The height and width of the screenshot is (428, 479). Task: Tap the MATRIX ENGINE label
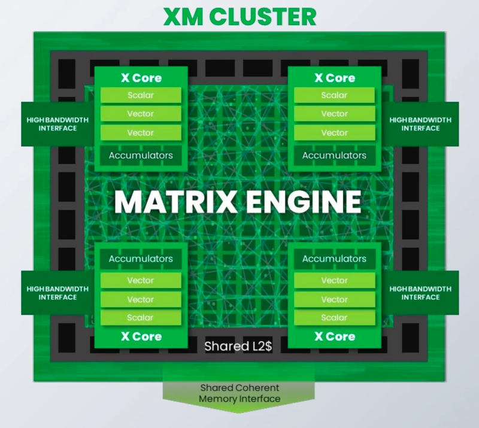click(238, 202)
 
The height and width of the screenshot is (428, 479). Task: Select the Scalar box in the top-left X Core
click(141, 95)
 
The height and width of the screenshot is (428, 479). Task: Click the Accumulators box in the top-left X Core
click(141, 156)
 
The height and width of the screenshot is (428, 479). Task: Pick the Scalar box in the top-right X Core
click(334, 95)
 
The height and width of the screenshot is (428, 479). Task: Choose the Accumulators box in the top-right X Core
click(334, 156)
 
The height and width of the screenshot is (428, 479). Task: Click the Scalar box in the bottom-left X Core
click(141, 318)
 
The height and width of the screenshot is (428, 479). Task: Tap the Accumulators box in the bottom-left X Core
click(141, 259)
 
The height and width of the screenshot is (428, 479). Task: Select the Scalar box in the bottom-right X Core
click(334, 318)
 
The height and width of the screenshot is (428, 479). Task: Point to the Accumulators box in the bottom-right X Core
click(334, 259)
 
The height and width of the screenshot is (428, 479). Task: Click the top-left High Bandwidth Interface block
click(57, 124)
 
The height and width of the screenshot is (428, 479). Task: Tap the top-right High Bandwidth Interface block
click(420, 124)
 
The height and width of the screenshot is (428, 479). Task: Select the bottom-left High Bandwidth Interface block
click(57, 293)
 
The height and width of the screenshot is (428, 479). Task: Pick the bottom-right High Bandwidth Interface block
click(420, 293)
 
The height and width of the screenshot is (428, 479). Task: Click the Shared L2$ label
click(238, 346)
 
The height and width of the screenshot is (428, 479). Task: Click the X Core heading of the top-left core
click(141, 78)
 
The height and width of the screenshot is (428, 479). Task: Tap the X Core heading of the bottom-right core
click(335, 336)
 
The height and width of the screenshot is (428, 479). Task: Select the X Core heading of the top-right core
click(335, 78)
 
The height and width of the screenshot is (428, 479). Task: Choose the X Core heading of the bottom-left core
click(141, 336)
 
